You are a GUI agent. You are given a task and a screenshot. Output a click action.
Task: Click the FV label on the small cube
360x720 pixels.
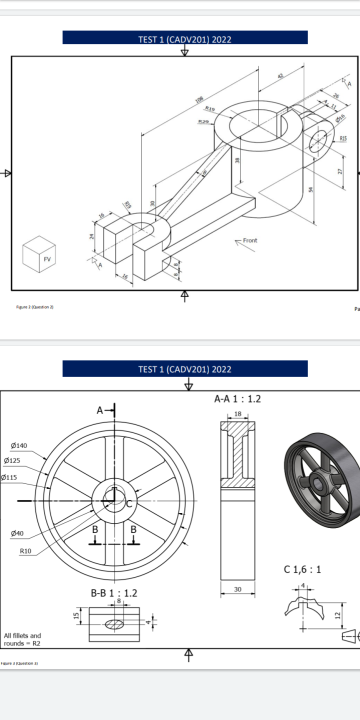pos(47,259)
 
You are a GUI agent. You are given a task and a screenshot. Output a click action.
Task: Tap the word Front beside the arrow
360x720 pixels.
pos(250,240)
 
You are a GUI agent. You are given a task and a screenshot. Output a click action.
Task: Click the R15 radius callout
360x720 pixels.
pos(344,138)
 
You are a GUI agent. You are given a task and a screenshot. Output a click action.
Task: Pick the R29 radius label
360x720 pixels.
pos(203,121)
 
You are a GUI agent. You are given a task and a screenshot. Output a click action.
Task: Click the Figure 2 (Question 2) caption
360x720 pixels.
pos(34,307)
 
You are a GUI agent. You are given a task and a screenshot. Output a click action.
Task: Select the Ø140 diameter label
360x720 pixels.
pos(18,445)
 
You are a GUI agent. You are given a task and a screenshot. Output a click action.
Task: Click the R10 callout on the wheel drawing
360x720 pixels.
pos(25,551)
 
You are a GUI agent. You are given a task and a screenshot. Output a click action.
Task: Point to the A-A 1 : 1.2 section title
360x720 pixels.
pos(237,398)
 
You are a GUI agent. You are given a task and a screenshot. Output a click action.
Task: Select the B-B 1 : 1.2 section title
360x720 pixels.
pos(114,593)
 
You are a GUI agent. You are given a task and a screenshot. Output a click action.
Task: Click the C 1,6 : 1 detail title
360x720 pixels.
pos(302,569)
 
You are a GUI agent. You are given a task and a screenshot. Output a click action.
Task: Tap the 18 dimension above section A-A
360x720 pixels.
pos(237,414)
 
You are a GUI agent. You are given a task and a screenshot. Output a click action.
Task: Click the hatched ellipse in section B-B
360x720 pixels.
pos(114,623)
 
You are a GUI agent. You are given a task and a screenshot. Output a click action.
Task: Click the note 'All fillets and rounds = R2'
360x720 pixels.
pos(22,639)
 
